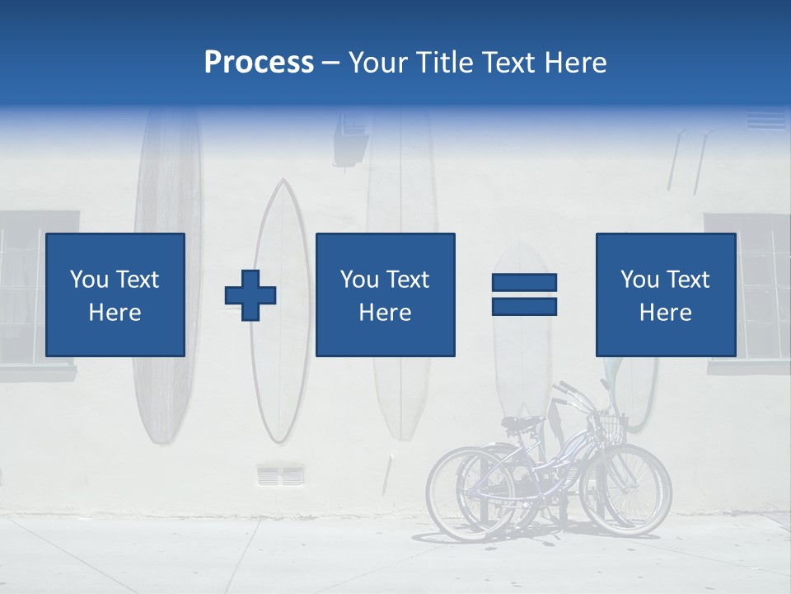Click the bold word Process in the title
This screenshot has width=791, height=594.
pyautogui.click(x=259, y=63)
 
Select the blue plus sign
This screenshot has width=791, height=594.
pyautogui.click(x=250, y=295)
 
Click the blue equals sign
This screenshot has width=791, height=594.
pyautogui.click(x=524, y=295)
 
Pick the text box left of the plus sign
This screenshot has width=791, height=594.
pyautogui.click(x=115, y=295)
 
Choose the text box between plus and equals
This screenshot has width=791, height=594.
pyautogui.click(x=385, y=295)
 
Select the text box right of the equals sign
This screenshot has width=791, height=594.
pyautogui.click(x=665, y=295)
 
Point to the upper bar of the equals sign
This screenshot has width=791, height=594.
pyautogui.click(x=524, y=283)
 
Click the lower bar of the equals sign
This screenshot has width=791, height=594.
pyautogui.click(x=524, y=306)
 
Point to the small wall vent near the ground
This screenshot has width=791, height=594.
pyautogui.click(x=280, y=475)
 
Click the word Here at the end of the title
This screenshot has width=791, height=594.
pyautogui.click(x=577, y=63)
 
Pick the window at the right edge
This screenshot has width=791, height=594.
pyautogui.click(x=762, y=289)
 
